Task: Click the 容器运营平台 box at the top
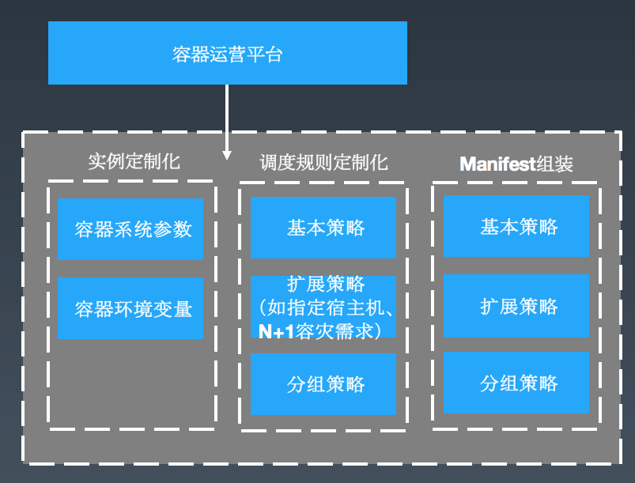pyautogui.click(x=227, y=53)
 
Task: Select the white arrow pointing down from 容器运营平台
pyautogui.click(x=227, y=119)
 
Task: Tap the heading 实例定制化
pyautogui.click(x=134, y=162)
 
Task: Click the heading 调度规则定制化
pyautogui.click(x=323, y=163)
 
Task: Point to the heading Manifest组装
pyautogui.click(x=516, y=164)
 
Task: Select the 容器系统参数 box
pyautogui.click(x=130, y=229)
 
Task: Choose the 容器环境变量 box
pyautogui.click(x=130, y=308)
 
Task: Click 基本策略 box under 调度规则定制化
pyautogui.click(x=323, y=228)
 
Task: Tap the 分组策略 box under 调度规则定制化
pyautogui.click(x=323, y=384)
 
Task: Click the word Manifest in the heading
pyautogui.click(x=497, y=164)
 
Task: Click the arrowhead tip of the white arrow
pyautogui.click(x=227, y=157)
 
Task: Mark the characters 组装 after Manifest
pyautogui.click(x=554, y=164)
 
